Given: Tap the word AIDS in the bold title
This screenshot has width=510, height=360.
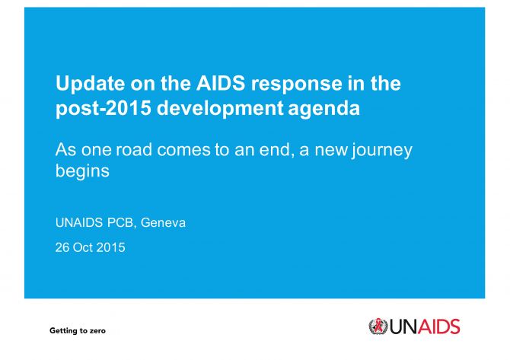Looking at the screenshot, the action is coord(221,83).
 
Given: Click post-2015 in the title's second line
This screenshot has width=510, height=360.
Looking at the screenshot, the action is coord(104,109).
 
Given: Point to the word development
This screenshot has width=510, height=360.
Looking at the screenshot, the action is coord(220,109).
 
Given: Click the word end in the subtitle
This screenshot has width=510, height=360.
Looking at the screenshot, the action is coord(274,150).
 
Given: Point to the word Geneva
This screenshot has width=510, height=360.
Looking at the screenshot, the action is coord(163,223).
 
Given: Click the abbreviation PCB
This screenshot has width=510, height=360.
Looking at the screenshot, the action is coord(120,223).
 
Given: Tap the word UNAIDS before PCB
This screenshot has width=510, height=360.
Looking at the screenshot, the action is coord(79,223).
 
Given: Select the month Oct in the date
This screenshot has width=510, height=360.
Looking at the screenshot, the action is coord(83,248).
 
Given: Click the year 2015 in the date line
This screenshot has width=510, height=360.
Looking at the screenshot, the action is coord(110,248).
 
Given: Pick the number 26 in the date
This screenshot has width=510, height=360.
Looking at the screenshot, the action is coord(62,248).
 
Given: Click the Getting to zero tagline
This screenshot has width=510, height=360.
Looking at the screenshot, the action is coord(78,331).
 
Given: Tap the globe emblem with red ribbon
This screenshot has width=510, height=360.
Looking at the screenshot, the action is coord(378,327).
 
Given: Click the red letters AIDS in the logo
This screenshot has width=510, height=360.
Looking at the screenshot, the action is coord(438,327).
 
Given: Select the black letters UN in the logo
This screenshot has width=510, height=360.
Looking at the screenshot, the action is coord(403,327).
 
